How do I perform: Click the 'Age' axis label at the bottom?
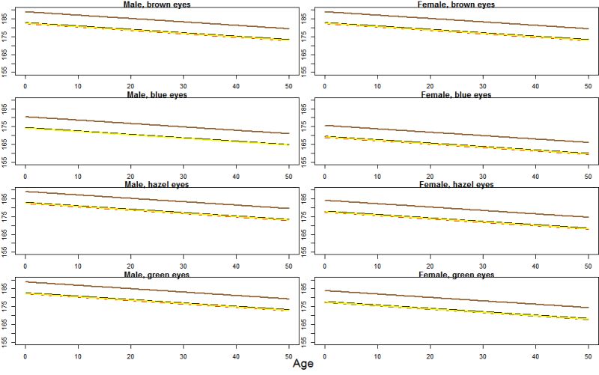[x=302, y=365]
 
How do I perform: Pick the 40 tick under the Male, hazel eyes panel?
[x=236, y=266]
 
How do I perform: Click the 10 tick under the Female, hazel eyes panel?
[x=377, y=266]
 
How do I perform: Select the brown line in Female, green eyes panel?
[x=457, y=299]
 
